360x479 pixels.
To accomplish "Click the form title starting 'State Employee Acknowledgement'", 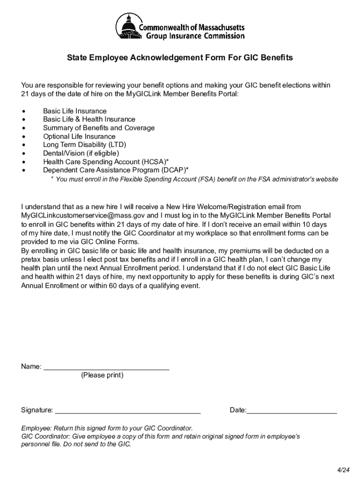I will [x=180, y=58].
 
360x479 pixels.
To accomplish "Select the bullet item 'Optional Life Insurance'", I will [x=79, y=137].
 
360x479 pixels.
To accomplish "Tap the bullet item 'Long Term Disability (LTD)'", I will [x=85, y=145].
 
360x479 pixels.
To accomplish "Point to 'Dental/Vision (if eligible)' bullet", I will [x=81, y=153].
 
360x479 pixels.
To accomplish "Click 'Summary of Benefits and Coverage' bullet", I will [x=99, y=128].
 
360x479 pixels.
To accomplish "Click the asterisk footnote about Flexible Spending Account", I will [x=194, y=180].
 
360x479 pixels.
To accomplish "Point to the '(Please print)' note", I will [x=102, y=375].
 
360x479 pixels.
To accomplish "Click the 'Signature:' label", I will [x=37, y=411].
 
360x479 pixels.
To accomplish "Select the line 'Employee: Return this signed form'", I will [x=107, y=428].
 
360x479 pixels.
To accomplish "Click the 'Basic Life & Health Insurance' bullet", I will [x=89, y=120].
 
